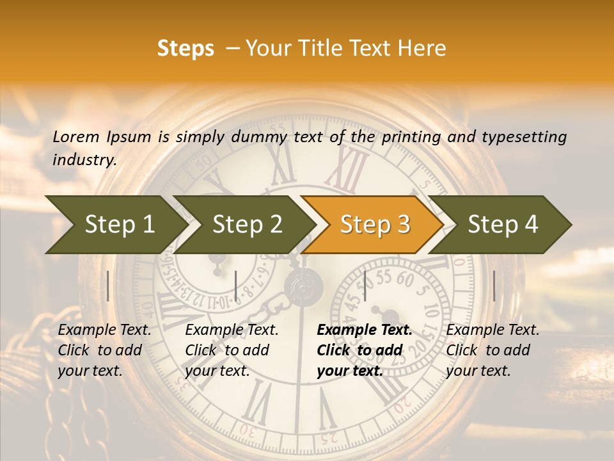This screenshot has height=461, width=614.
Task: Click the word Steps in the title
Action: pos(185,49)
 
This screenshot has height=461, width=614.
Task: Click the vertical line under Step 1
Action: pos(108,286)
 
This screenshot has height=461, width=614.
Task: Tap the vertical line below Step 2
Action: pos(236,286)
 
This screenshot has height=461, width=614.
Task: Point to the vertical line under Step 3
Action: pos(365,286)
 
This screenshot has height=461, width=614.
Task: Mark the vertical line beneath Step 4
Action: pos(494,286)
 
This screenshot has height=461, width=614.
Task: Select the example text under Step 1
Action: pos(104,350)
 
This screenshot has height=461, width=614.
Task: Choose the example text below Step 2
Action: pos(232,350)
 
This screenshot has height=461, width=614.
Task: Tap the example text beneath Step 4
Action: pos(492,350)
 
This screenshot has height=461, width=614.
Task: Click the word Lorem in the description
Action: pos(76,137)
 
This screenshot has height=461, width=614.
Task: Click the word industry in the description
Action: pos(84,160)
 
